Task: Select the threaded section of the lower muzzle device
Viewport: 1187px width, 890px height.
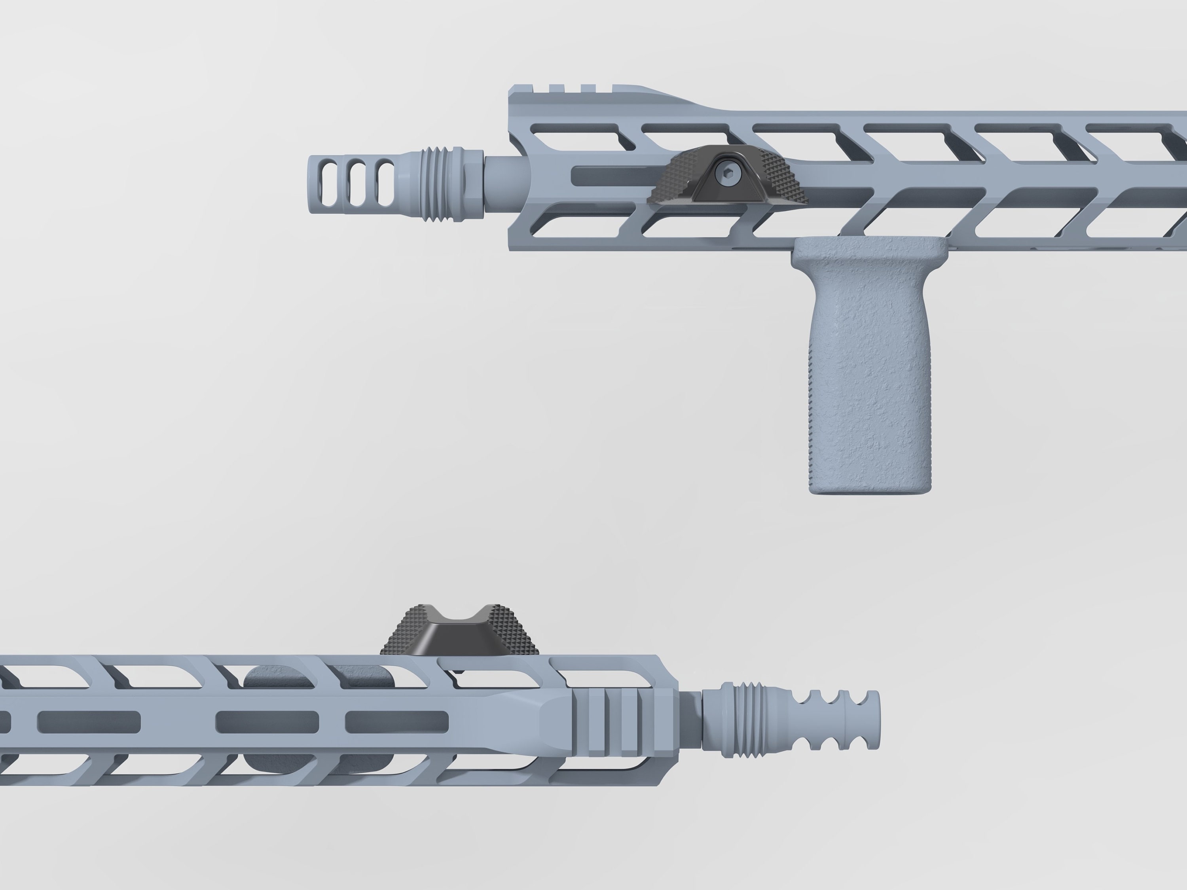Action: coord(754,720)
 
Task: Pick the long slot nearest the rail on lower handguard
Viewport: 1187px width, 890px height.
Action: coord(396,722)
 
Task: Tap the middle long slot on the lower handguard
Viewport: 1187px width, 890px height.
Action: coord(267,722)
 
